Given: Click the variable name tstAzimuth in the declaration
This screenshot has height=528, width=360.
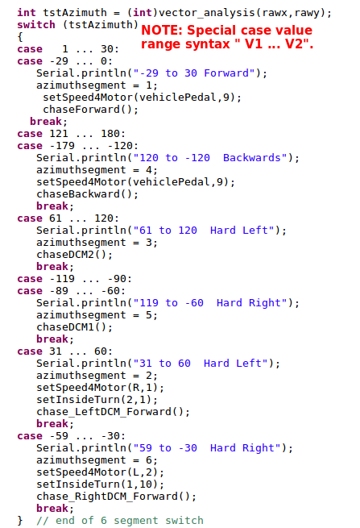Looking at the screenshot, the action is point(75,13).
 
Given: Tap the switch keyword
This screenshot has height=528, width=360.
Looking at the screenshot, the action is point(36,25).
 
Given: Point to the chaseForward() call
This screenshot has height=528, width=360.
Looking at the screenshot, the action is point(90,110).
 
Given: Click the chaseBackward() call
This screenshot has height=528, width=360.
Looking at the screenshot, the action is point(87,194).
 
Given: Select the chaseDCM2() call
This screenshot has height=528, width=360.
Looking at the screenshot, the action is point(74,255).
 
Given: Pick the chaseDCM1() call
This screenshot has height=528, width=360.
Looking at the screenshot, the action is point(74,327).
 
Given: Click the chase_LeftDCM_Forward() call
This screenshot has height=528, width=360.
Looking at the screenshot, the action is point(113,412).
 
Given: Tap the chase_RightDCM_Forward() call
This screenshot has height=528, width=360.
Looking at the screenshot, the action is point(116,497).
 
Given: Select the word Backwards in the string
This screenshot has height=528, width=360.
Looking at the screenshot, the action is point(251,158).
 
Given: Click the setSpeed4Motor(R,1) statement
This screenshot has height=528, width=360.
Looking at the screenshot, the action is point(100,388).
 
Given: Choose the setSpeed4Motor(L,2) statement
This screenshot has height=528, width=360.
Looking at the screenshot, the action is point(100,472).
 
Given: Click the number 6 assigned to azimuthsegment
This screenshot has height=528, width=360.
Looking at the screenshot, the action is point(149,460).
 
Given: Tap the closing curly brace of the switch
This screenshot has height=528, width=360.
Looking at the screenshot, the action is point(20,521).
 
